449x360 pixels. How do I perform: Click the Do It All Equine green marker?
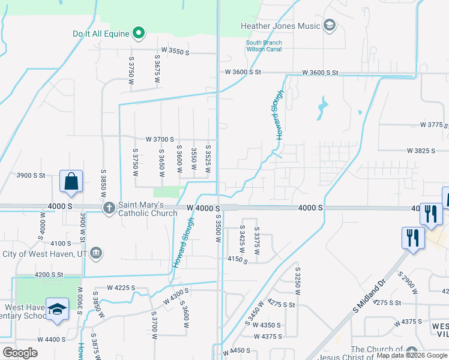point(139,32)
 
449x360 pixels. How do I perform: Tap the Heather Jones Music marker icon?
point(329,25)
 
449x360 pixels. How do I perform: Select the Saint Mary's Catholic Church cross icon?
point(109,209)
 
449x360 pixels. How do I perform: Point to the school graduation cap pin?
point(57,310)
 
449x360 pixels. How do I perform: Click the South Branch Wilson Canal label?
point(264,46)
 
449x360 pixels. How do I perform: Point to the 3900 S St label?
point(31,175)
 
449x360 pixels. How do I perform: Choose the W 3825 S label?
point(421,151)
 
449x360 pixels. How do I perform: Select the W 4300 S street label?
point(175,295)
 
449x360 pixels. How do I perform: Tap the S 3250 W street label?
point(297,281)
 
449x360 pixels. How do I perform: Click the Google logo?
point(20,353)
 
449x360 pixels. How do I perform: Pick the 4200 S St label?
point(49,274)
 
